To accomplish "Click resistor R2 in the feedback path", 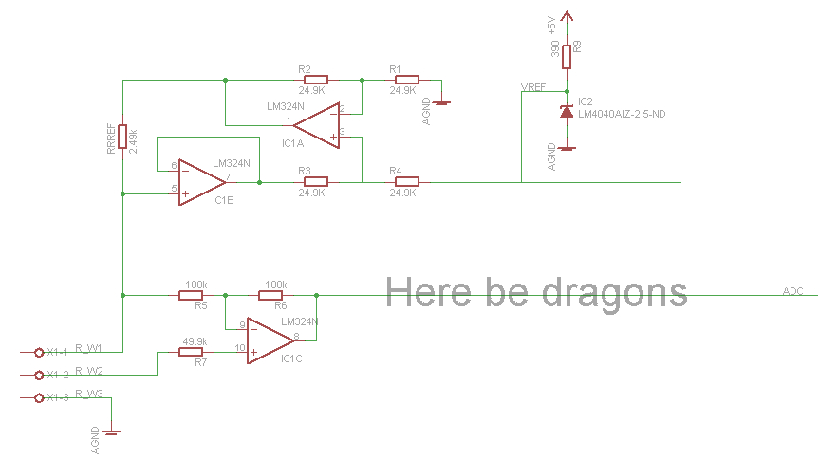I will click(x=315, y=80).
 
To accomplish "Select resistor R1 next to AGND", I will click(x=406, y=80).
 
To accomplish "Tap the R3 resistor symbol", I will click(x=315, y=181).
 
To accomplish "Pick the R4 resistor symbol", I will click(x=406, y=181).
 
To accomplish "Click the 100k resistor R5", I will click(x=193, y=295).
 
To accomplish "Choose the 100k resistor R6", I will click(x=275, y=295).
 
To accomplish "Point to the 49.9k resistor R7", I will click(x=193, y=352).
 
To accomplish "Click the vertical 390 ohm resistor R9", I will click(x=567, y=56).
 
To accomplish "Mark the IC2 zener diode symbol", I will click(x=567, y=112).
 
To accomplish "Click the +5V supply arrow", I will click(x=567, y=16).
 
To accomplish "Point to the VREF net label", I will click(x=533, y=88).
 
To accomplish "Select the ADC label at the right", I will click(x=792, y=291).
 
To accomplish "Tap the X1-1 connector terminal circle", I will click(x=39, y=352).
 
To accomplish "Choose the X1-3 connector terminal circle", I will click(x=39, y=397).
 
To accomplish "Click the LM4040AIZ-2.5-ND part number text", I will click(x=622, y=114).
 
